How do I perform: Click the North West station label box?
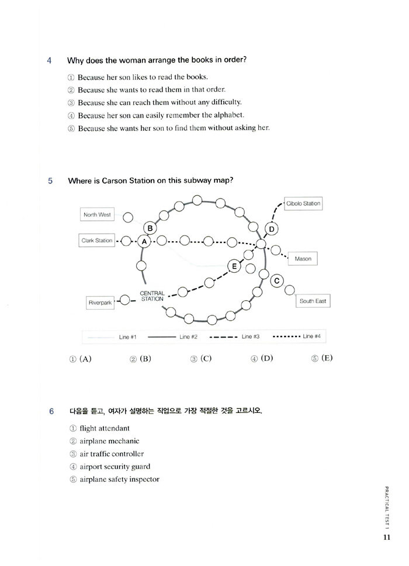coord(97,215)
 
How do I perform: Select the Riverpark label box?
coord(100,303)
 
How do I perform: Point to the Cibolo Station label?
coord(303,204)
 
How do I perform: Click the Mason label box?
coord(303,259)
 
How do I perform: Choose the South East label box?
coord(313,301)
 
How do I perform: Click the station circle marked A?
coord(144,241)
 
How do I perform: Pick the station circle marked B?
coord(150,228)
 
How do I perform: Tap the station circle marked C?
coord(277,281)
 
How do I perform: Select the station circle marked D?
coord(272,228)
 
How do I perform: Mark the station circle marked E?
coord(234,266)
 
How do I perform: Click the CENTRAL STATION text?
coord(152,296)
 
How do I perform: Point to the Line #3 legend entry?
coord(230,337)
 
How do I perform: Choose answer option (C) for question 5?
coord(201,359)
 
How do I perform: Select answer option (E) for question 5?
coord(322,358)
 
